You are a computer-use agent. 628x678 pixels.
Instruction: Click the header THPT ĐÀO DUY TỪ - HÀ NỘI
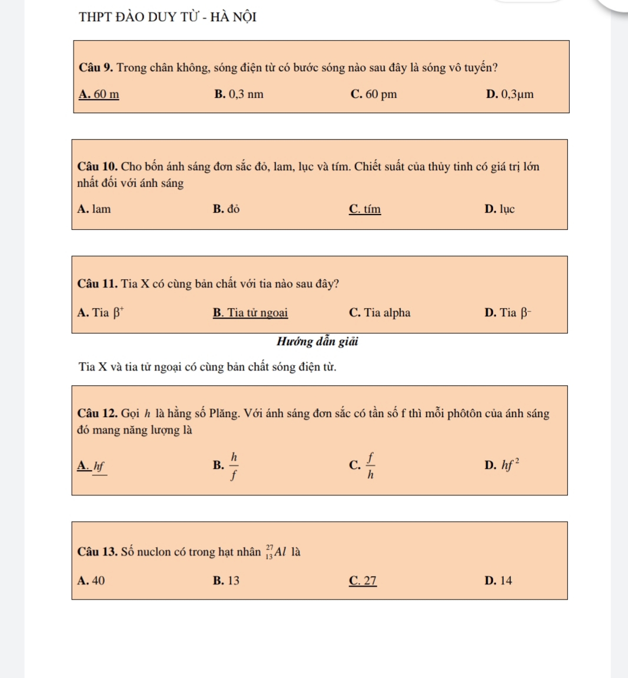[x=168, y=16]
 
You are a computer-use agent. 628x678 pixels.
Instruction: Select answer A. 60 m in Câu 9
[x=99, y=94]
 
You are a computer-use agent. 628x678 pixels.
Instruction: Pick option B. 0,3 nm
[x=239, y=94]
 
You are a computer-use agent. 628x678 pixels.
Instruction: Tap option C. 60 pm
[x=373, y=94]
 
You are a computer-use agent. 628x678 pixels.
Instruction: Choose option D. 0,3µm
[x=510, y=94]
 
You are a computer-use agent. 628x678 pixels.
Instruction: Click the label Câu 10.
[x=98, y=167]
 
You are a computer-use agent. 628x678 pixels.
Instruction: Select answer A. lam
[x=94, y=209]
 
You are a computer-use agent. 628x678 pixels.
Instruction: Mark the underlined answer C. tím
[x=364, y=209]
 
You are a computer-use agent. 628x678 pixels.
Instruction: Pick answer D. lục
[x=499, y=209]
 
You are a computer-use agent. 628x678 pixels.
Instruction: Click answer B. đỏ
[x=226, y=209]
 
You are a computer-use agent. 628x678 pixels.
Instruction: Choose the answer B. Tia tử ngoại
[x=250, y=313]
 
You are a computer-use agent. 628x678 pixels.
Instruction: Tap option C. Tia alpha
[x=380, y=313]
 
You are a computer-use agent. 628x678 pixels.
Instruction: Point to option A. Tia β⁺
[x=100, y=313]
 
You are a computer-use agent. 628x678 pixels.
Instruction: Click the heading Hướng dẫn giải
[x=318, y=342]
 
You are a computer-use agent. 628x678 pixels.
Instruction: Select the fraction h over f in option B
[x=234, y=465]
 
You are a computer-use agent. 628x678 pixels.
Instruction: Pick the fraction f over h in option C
[x=370, y=465]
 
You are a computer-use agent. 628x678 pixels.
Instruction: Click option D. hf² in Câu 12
[x=502, y=465]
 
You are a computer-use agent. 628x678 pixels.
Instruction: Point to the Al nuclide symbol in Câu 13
[x=275, y=552]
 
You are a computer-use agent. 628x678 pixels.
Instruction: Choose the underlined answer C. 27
[x=363, y=581]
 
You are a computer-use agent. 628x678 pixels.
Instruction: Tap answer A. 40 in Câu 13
[x=91, y=581]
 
